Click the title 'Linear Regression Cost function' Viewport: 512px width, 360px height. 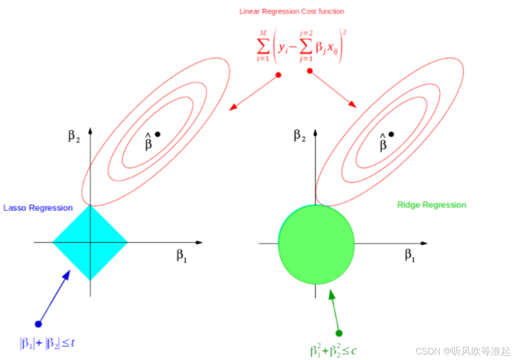pyautogui.click(x=292, y=11)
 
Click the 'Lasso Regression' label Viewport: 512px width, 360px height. pyautogui.click(x=38, y=208)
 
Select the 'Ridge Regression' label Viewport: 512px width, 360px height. pyautogui.click(x=431, y=205)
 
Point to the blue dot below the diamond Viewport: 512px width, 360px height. pyautogui.click(x=38, y=324)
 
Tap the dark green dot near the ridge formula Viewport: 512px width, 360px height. pyautogui.click(x=339, y=333)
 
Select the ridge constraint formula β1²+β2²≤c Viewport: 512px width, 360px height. pyautogui.click(x=334, y=351)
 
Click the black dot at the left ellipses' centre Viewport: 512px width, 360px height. pyautogui.click(x=158, y=134)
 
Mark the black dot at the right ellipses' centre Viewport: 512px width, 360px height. pyautogui.click(x=391, y=134)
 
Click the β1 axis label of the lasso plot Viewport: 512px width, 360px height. pyautogui.click(x=182, y=255)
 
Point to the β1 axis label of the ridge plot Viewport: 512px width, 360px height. pyautogui.click(x=410, y=255)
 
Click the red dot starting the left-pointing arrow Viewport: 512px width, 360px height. pyautogui.click(x=278, y=75)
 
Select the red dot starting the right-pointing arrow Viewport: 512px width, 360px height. pyautogui.click(x=310, y=71)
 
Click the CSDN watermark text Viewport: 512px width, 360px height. pyautogui.click(x=463, y=351)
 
